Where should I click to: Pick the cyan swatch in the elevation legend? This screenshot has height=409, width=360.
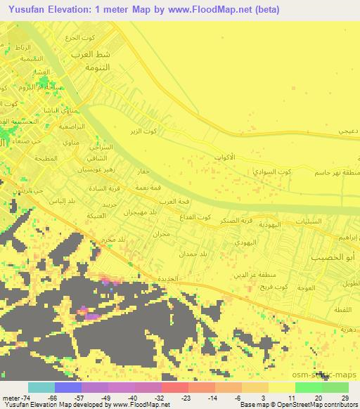[x=41, y=387]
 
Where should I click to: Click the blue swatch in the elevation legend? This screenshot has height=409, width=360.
[x=68, y=387]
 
